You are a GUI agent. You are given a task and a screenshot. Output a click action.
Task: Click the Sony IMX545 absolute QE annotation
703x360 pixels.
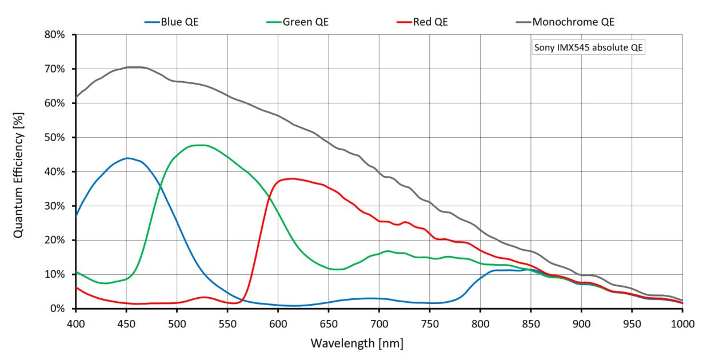589,48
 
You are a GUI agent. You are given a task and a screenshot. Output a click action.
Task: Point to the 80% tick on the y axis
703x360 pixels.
56,34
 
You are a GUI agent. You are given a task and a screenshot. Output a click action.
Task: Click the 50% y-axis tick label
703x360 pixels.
56,137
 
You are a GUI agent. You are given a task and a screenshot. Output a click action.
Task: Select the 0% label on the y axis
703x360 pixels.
59,309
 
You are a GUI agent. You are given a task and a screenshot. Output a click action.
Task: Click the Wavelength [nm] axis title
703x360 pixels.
357,343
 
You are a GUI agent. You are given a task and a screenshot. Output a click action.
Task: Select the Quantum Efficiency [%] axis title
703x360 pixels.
18,171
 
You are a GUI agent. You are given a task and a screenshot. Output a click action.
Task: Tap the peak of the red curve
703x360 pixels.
293,178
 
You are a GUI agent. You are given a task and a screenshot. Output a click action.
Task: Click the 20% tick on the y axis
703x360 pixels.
56,240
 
